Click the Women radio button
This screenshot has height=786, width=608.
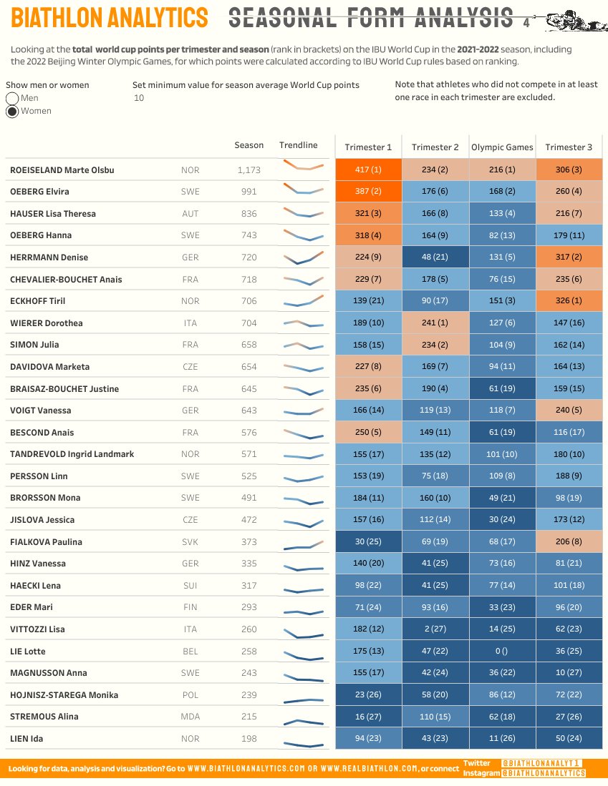(x=12, y=111)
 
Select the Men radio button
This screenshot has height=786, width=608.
(x=12, y=98)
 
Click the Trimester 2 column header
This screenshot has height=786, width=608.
(x=435, y=147)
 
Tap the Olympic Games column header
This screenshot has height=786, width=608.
(x=502, y=147)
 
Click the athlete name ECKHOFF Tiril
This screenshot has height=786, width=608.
(x=37, y=301)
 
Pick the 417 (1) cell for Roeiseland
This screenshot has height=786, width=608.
(x=368, y=170)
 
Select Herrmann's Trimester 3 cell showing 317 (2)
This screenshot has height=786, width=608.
(x=569, y=257)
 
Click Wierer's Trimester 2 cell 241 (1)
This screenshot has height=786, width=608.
(x=435, y=323)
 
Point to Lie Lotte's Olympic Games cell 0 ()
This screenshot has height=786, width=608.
(x=502, y=651)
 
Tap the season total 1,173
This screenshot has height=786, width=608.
(x=248, y=170)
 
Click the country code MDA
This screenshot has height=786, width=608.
(x=190, y=717)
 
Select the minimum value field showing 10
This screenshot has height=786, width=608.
(x=139, y=98)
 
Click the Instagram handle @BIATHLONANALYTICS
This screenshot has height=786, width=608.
(x=543, y=773)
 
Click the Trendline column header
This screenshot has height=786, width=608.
(x=298, y=145)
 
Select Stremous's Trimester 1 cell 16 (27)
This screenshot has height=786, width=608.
(x=368, y=717)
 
